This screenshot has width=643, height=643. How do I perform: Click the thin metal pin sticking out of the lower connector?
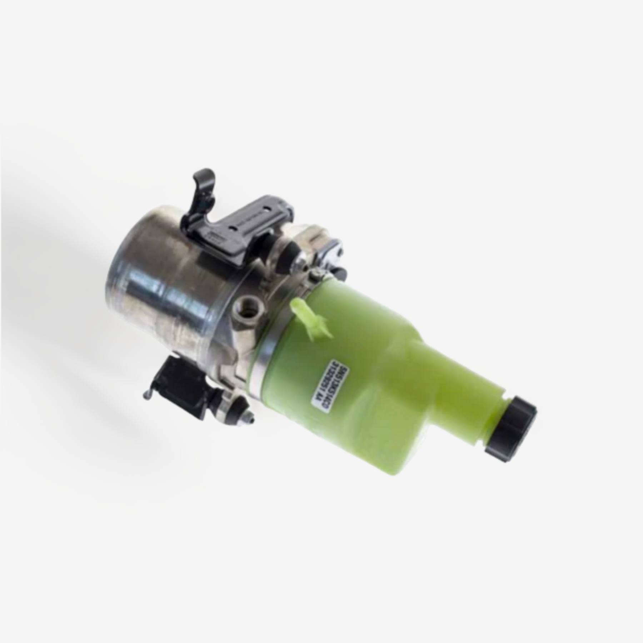pos(146,395)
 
